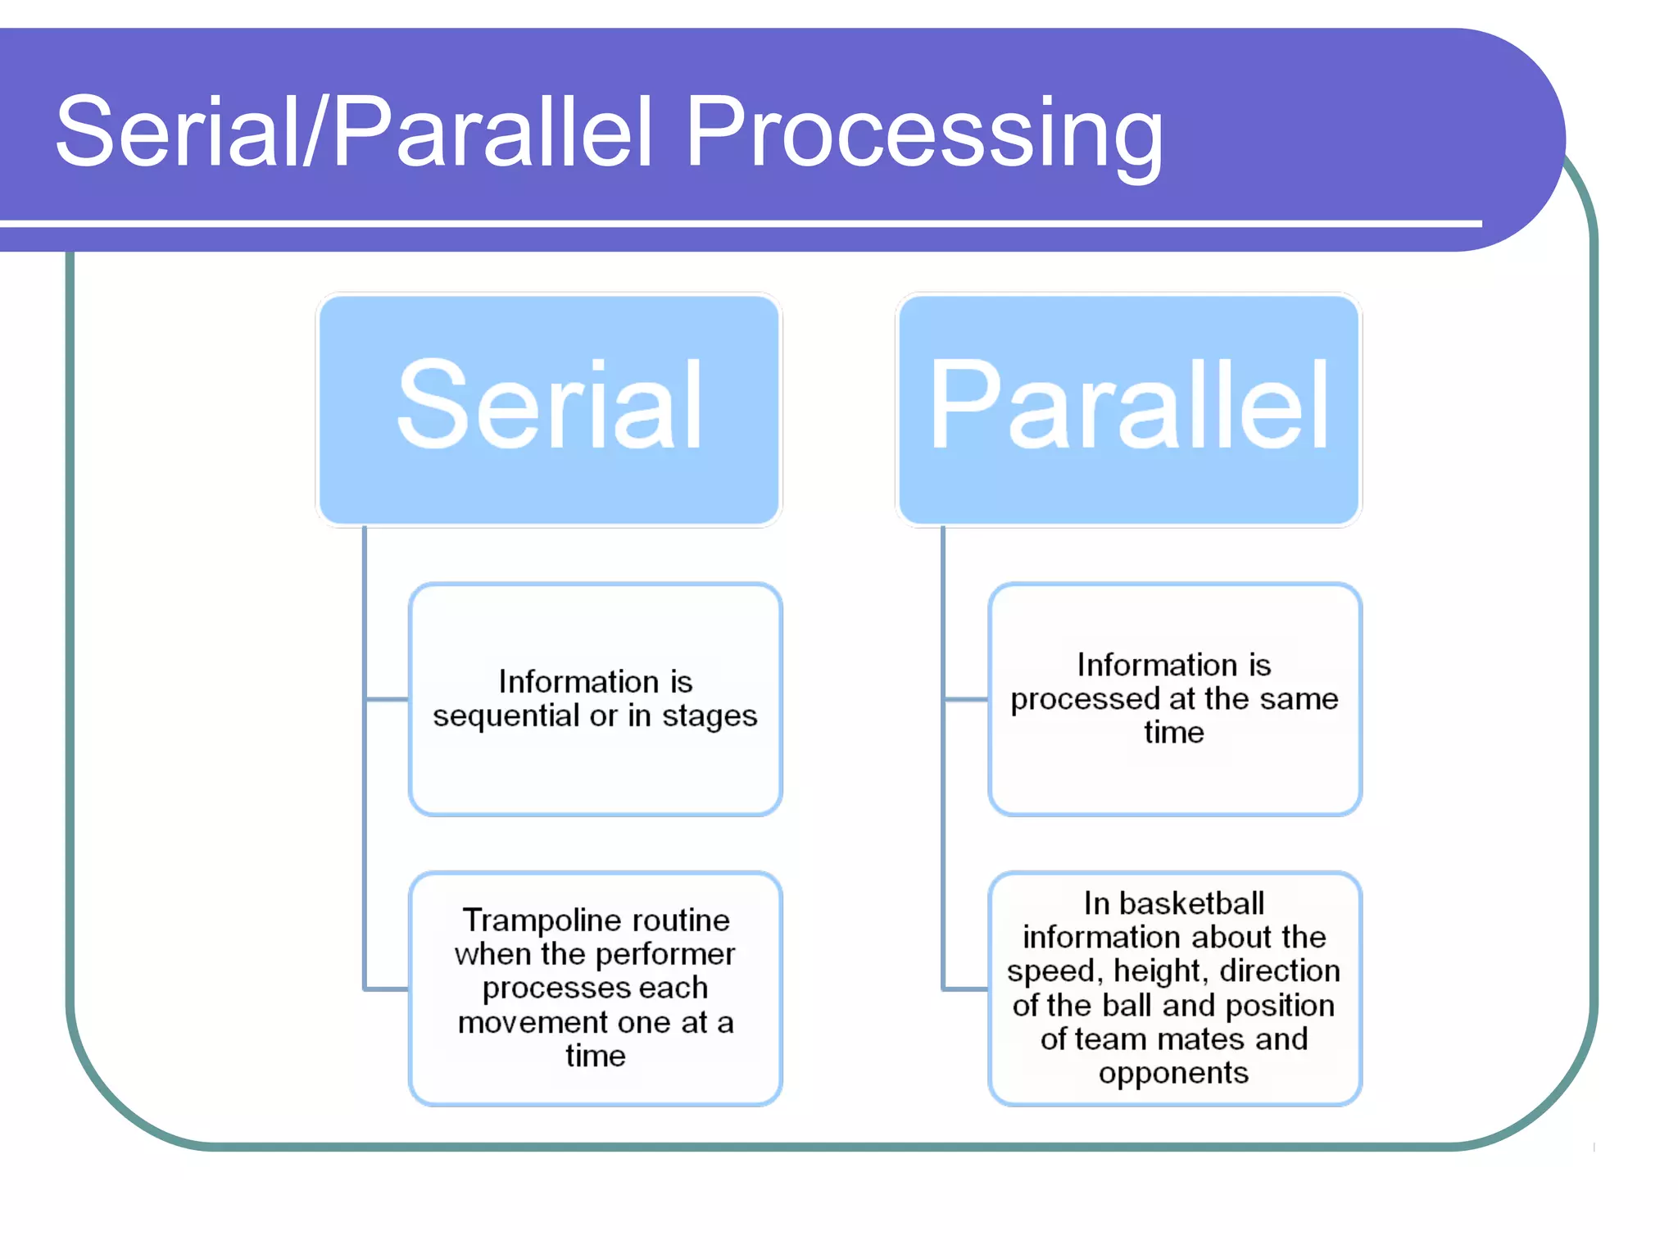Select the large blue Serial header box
[549, 410]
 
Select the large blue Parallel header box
[1128, 410]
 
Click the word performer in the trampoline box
[664, 955]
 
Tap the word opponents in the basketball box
[1173, 1074]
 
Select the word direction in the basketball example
[1280, 971]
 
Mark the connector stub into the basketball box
[966, 989]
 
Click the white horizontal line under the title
[737, 223]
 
